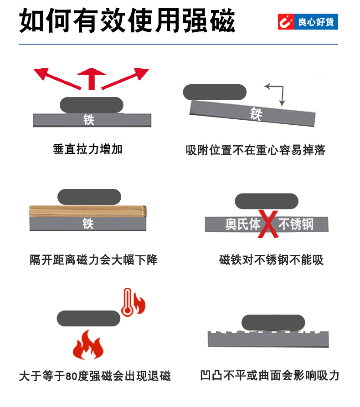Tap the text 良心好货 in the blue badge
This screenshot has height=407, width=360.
pyautogui.click(x=315, y=21)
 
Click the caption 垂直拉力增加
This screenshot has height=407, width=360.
pyautogui.click(x=88, y=149)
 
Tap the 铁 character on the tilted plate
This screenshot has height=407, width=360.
pyautogui.click(x=256, y=113)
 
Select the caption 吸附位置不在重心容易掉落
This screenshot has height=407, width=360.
pyautogui.click(x=256, y=150)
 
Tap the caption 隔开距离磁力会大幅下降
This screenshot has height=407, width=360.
pyautogui.click(x=93, y=260)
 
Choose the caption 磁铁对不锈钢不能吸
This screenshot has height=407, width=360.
pyautogui.click(x=271, y=260)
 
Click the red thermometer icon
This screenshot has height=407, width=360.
pyautogui.click(x=127, y=302)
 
